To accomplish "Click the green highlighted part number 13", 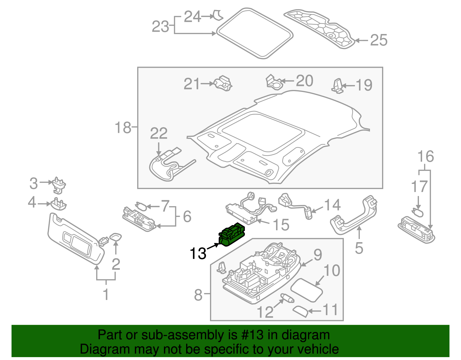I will pos(232,234).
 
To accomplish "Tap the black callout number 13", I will pos(198,254).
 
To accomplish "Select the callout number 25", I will pos(379,40).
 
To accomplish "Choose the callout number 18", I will pos(123,127).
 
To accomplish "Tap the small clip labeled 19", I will pos(337,86).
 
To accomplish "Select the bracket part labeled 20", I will pos(273,82).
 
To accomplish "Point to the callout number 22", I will pos(159,133).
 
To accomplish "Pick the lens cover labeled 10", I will pos(307,290).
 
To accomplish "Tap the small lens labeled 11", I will pos(301,312).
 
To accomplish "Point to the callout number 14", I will pos(332,205).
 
